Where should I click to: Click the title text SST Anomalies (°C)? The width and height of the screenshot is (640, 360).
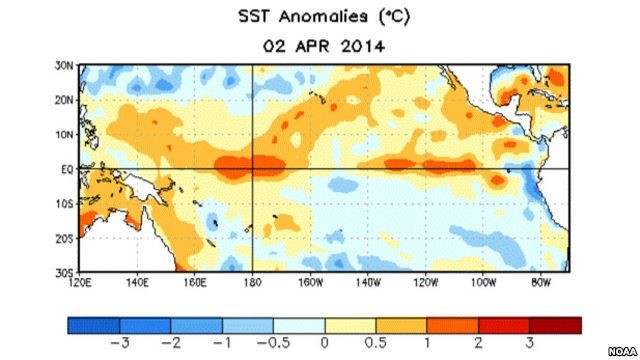(x=320, y=18)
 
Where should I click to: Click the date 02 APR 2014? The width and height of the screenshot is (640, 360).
(x=319, y=44)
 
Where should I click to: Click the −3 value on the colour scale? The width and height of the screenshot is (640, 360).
(x=119, y=343)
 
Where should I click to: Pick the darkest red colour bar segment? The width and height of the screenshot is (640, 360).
(x=554, y=325)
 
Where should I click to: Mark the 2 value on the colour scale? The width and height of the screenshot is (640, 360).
(x=478, y=343)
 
